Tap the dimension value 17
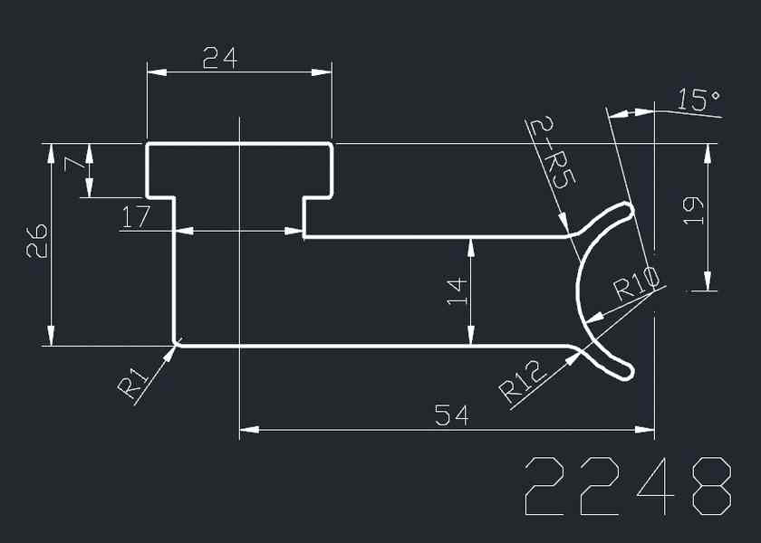137,216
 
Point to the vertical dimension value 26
37,243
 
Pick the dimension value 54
451,415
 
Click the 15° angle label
698,100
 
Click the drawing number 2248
627,486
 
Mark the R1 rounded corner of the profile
176,342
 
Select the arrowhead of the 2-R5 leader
566,230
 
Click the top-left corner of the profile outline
148,144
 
